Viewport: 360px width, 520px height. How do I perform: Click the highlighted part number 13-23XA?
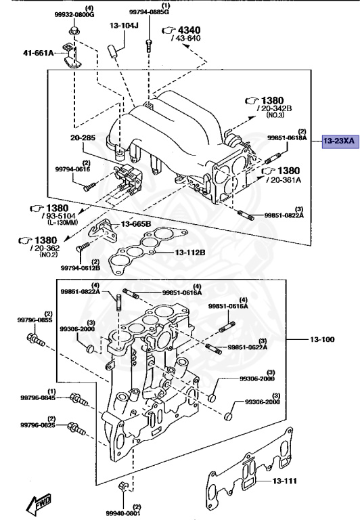338,141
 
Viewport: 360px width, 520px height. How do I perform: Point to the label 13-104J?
123,26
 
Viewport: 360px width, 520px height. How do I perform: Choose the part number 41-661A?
38,53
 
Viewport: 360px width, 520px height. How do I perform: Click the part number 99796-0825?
37,425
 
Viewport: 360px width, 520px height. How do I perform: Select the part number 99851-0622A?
248,347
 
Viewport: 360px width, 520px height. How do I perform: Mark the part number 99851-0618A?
287,138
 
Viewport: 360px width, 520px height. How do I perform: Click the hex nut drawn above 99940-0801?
122,487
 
